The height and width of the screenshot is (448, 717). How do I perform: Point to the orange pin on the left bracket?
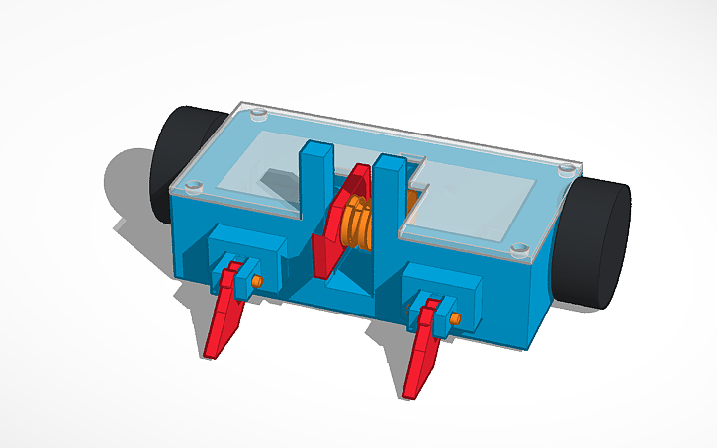coord(257,281)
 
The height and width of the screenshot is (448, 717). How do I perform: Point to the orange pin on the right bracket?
coord(457,318)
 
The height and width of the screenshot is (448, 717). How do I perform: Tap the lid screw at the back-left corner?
coord(259,115)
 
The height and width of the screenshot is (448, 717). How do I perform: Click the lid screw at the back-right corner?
coord(567,169)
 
